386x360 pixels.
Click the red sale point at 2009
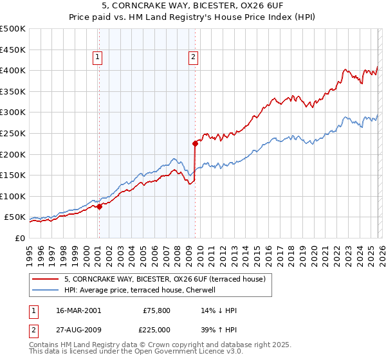coord(195,143)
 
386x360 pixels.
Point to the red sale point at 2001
coord(99,206)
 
